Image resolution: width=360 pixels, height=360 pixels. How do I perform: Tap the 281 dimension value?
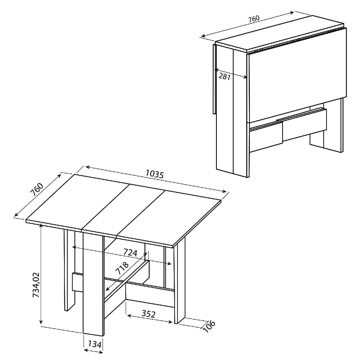tap(224, 76)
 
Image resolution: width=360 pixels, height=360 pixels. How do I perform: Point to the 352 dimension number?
tap(148, 314)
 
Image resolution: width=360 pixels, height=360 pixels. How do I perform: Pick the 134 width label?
tap(94, 344)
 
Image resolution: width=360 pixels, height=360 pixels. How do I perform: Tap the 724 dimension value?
tap(130, 252)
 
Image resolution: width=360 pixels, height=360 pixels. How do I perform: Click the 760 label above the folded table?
tap(253, 19)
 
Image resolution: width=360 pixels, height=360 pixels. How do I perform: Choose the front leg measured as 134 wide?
tap(93, 284)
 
